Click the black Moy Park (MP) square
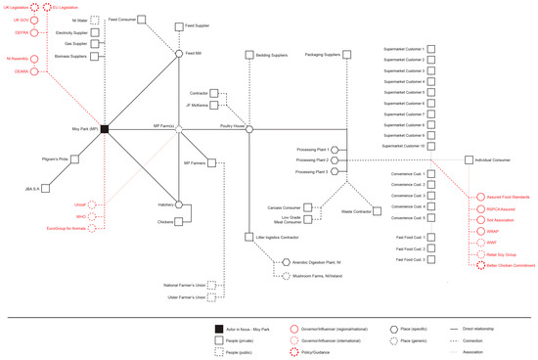[104, 128]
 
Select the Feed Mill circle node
[179, 54]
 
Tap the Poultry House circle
[249, 128]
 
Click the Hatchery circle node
[179, 204]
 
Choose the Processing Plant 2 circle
[334, 158]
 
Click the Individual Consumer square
[470, 158]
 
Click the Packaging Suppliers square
[348, 54]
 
